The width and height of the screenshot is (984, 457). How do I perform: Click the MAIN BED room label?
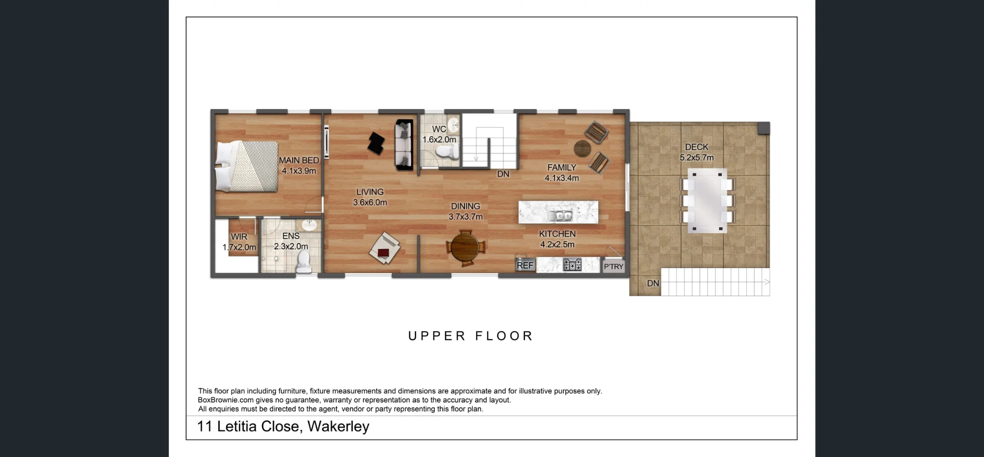tap(299, 165)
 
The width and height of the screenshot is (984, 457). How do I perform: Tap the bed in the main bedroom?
tap(247, 166)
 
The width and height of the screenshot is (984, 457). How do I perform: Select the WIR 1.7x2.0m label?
tap(239, 242)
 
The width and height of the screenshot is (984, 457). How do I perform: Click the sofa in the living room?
tap(404, 145)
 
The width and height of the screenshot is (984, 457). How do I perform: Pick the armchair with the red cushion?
tap(384, 248)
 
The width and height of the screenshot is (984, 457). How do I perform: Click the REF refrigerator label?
tap(525, 265)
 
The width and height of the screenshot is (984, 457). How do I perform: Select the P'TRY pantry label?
tap(614, 267)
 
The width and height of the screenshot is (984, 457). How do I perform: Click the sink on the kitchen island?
tap(560, 215)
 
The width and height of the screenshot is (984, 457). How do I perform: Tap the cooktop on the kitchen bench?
tap(572, 265)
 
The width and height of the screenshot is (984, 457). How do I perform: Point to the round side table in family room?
tap(583, 148)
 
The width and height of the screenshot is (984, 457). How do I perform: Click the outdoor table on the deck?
tap(707, 201)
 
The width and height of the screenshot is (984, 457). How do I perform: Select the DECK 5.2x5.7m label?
tap(697, 152)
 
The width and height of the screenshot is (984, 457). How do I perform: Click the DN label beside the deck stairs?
tap(653, 283)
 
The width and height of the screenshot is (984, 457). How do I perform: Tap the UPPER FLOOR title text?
tap(471, 336)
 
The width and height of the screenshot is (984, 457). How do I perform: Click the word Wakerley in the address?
tap(338, 427)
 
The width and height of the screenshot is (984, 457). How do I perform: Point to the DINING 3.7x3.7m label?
tap(465, 212)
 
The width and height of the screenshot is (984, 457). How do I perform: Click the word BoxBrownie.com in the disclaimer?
tap(225, 400)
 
